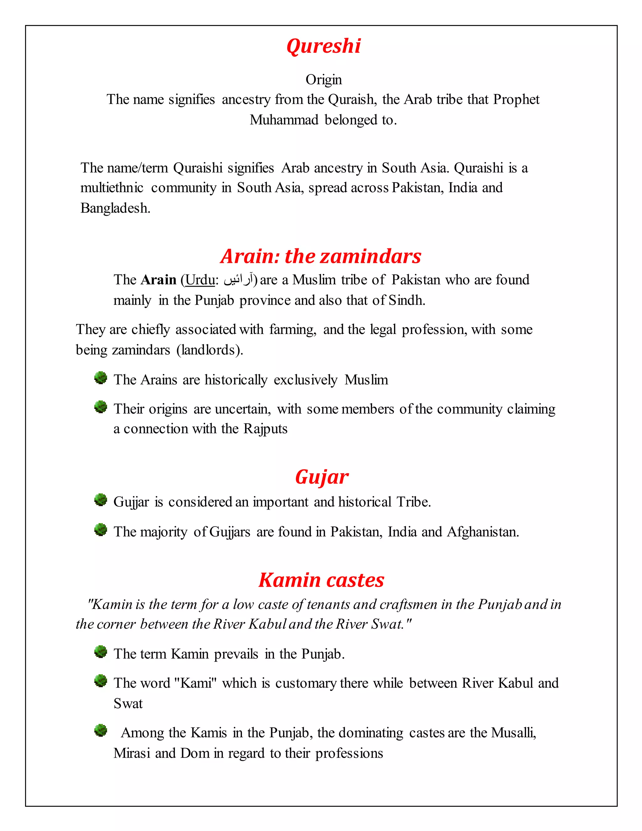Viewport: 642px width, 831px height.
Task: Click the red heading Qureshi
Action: (x=323, y=46)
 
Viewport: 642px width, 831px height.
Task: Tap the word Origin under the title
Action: (x=324, y=80)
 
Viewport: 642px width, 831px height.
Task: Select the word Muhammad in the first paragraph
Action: (x=284, y=120)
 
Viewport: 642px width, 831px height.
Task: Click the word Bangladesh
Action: (x=115, y=208)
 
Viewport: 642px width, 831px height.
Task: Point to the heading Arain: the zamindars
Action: (x=321, y=256)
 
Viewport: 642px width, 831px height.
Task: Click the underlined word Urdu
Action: (x=200, y=280)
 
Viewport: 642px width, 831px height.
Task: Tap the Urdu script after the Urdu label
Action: (x=238, y=280)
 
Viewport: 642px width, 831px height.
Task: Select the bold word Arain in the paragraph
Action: (x=158, y=280)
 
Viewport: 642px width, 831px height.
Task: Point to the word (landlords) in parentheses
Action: (x=210, y=350)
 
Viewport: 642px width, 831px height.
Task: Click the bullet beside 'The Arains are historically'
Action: (x=100, y=378)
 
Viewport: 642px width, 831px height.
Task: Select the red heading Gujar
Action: (x=321, y=477)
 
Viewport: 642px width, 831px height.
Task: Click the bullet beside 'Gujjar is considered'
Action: (x=100, y=500)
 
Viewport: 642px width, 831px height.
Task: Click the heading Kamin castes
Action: (x=321, y=580)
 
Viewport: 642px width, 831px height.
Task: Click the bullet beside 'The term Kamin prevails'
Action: (x=100, y=652)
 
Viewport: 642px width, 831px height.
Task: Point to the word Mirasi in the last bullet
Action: (x=132, y=753)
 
